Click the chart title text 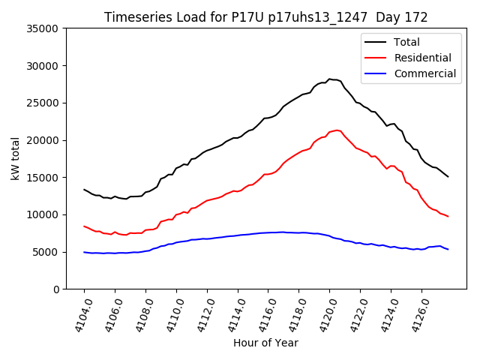point(266,17)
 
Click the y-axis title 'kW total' point(16,158)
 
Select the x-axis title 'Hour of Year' point(265,343)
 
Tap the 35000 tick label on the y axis point(43,28)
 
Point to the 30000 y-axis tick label point(43,66)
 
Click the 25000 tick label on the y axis point(43,103)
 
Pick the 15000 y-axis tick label point(43,178)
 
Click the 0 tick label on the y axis point(55,289)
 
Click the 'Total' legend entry point(406,43)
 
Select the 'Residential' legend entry point(422,58)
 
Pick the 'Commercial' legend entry point(424,73)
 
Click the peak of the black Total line point(329,79)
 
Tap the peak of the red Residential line point(337,130)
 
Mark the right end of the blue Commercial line point(448,249)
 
